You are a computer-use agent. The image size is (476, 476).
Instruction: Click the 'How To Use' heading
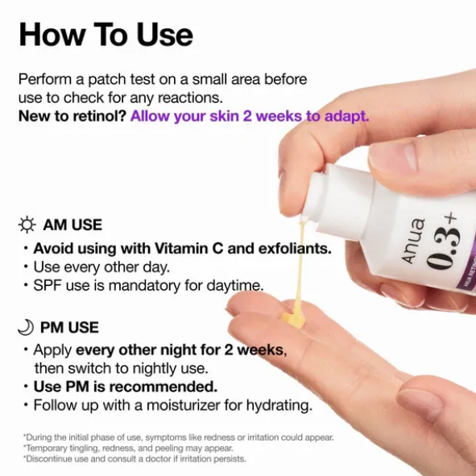click(x=106, y=35)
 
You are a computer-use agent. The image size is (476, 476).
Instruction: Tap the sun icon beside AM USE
click(x=27, y=225)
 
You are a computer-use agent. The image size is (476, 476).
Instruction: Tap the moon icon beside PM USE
click(x=27, y=328)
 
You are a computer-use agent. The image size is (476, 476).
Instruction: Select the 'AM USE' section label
click(x=73, y=226)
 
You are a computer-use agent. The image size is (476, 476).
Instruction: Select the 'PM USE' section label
click(x=72, y=328)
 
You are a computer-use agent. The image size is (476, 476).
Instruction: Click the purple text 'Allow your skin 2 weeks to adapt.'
click(x=250, y=116)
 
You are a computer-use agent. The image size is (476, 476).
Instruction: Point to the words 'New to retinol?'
click(x=72, y=116)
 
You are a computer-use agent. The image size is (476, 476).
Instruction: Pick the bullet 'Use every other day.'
click(x=101, y=267)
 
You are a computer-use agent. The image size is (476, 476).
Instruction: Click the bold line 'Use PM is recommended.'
click(x=125, y=387)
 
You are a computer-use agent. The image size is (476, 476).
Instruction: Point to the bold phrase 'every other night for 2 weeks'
click(x=180, y=350)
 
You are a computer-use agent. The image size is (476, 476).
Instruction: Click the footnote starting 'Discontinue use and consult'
click(x=135, y=459)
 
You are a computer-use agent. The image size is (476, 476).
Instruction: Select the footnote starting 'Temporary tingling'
click(x=129, y=448)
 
